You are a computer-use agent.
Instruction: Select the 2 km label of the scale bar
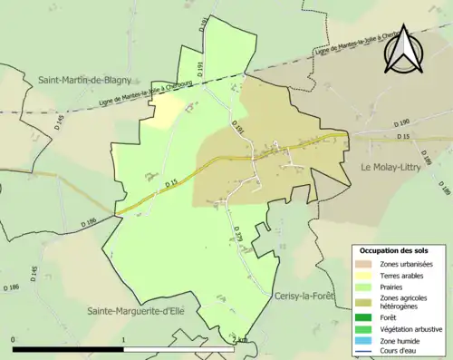(239, 338)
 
